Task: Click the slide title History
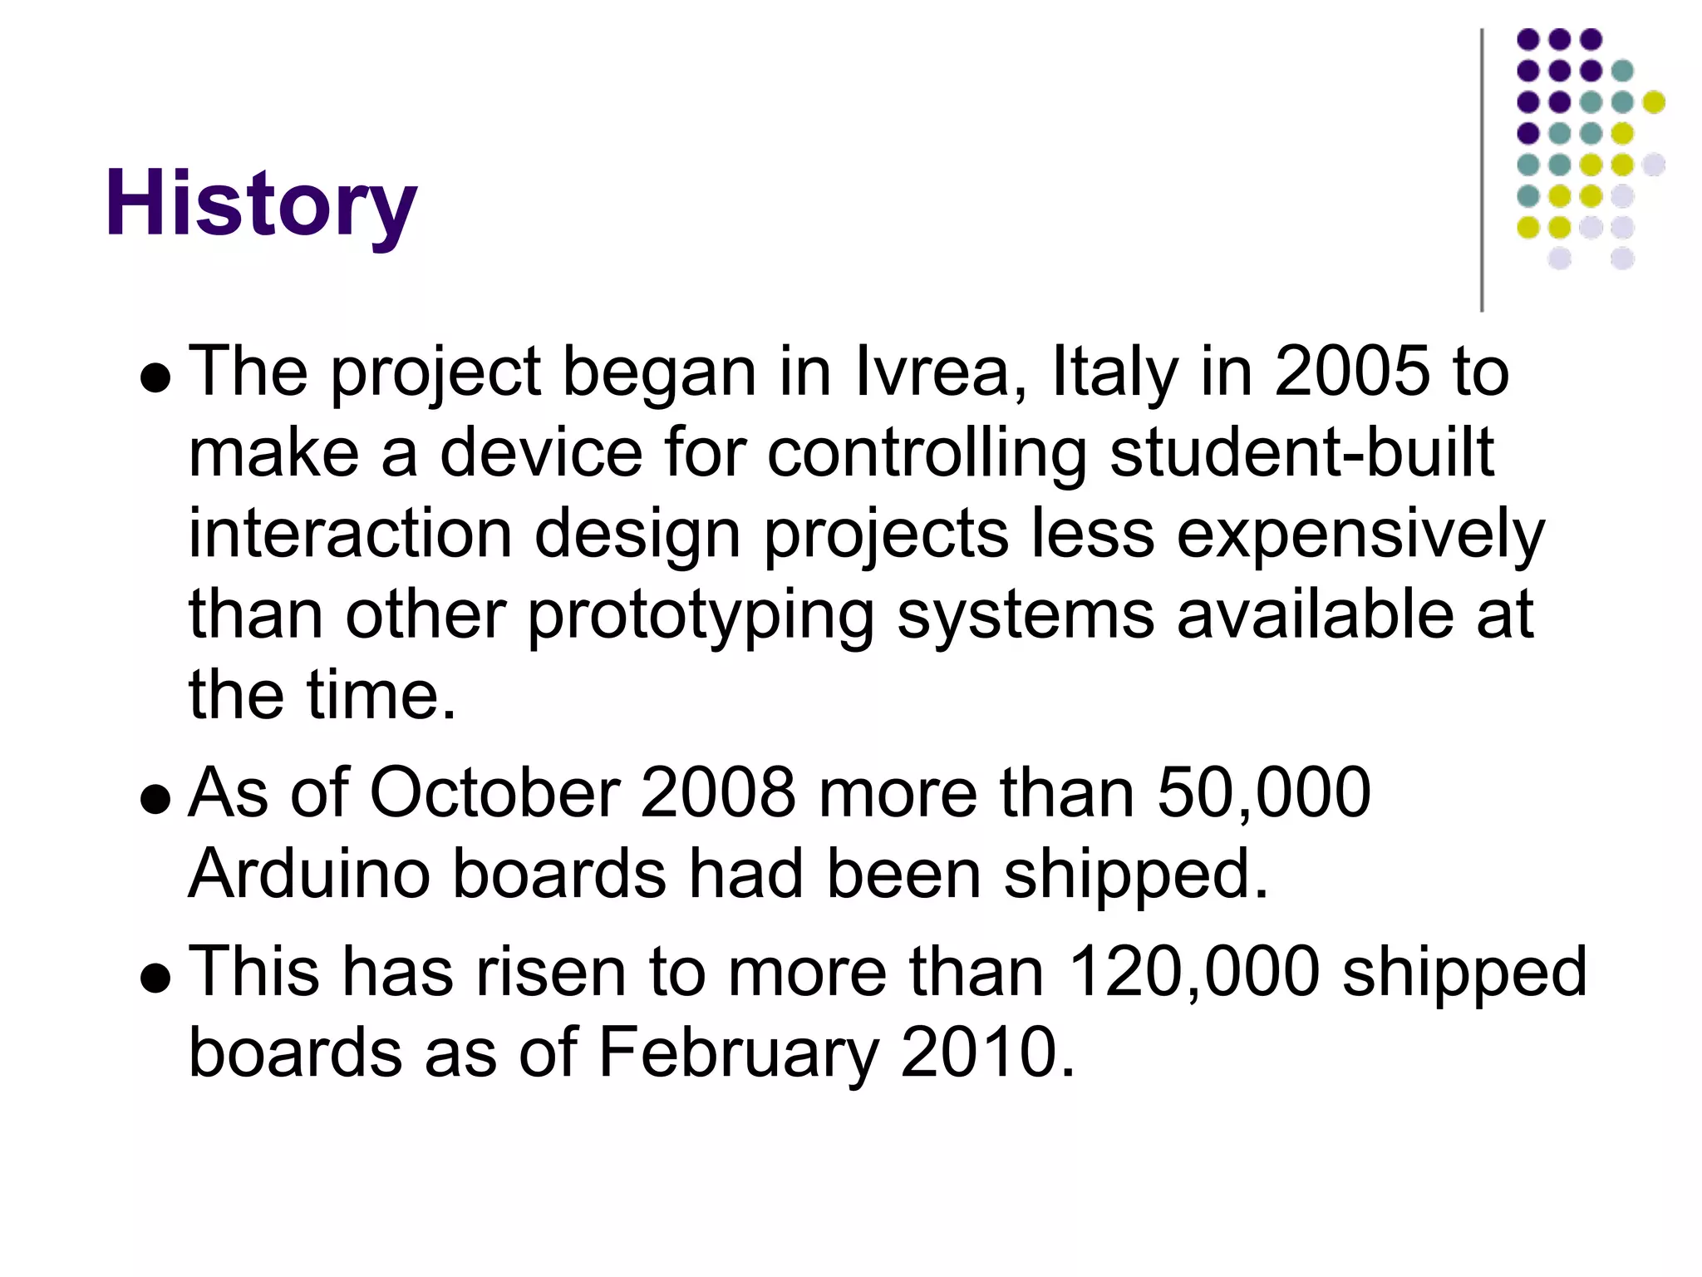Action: (x=260, y=204)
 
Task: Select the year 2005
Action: (x=1351, y=372)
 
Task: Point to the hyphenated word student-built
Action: (x=1301, y=453)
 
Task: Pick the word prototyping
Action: (x=701, y=615)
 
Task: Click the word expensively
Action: (x=1360, y=535)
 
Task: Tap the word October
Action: (x=494, y=792)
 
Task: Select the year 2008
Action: (x=718, y=792)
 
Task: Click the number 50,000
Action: (x=1263, y=792)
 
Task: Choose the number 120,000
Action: (x=1193, y=971)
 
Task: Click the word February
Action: (x=738, y=1053)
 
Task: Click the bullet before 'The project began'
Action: (x=155, y=379)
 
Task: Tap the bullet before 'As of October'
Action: (x=155, y=800)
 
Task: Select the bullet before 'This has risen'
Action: (x=155, y=979)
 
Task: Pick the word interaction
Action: (x=350, y=535)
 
